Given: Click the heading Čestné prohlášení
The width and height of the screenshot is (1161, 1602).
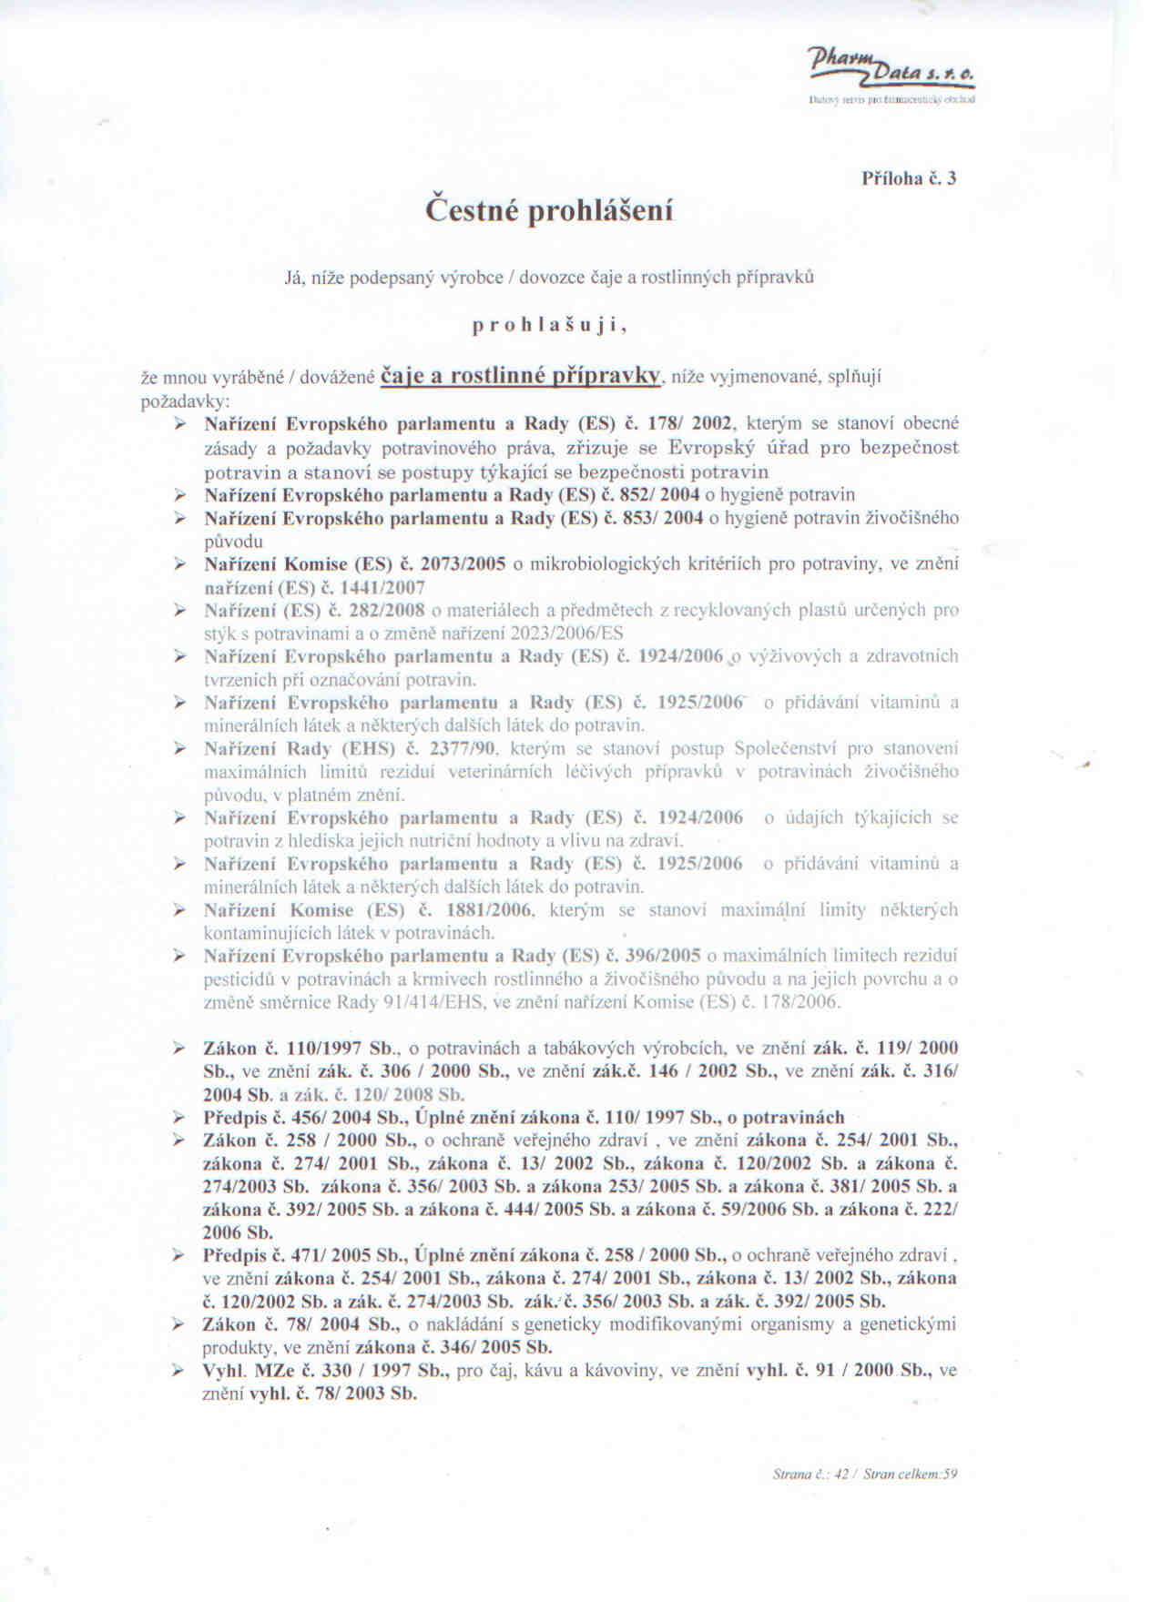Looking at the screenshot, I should pyautogui.click(x=551, y=210).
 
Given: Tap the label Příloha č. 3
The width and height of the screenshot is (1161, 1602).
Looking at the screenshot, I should pyautogui.click(x=909, y=178).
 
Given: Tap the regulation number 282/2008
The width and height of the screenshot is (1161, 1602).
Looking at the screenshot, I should pyautogui.click(x=387, y=610).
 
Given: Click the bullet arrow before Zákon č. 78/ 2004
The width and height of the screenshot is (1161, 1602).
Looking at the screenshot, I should pyautogui.click(x=180, y=1324).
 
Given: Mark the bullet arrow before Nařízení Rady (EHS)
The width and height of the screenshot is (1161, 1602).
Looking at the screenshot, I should pyautogui.click(x=180, y=749).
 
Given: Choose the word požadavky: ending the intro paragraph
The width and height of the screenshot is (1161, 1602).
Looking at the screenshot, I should pyautogui.click(x=172, y=400).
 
